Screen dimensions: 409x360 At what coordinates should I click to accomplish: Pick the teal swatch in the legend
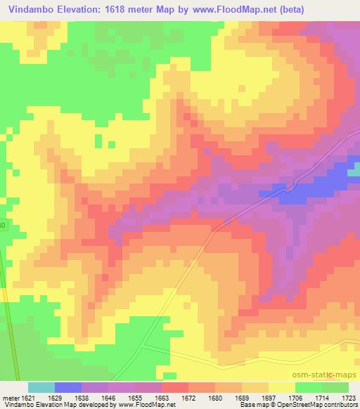coord(41,387)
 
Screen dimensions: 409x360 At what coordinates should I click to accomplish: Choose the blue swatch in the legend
coord(68,387)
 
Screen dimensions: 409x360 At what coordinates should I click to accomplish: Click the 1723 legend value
coord(349,397)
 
